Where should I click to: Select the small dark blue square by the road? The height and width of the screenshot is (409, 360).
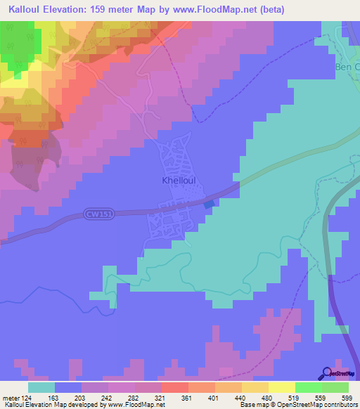tap(209, 204)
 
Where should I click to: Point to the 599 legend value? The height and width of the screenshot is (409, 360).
tap(345, 397)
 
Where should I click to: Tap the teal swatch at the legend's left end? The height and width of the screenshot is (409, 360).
tap(41, 387)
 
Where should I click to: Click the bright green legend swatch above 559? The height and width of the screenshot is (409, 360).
tap(308, 387)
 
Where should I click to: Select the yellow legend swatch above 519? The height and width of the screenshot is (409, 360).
tap(281, 387)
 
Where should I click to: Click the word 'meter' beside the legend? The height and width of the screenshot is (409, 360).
tap(13, 397)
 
